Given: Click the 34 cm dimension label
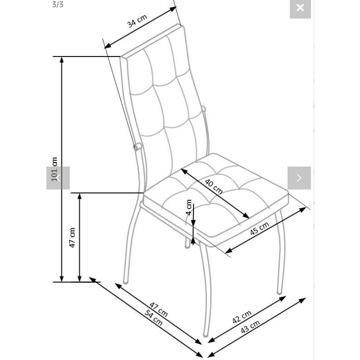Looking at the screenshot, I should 137,21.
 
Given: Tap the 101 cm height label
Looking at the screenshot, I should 55,169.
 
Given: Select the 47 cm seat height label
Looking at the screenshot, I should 72,238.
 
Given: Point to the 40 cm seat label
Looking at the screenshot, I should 213,186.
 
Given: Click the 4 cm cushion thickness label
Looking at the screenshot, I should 189,207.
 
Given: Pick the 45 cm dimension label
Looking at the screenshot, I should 259,228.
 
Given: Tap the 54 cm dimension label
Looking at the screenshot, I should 154,318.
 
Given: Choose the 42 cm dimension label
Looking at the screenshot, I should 242,317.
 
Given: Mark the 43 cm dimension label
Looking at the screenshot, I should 250,327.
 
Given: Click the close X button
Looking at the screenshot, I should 300,8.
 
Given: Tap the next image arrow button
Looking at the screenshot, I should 299,178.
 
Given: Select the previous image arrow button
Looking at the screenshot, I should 58,178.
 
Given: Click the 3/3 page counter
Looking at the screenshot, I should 58,5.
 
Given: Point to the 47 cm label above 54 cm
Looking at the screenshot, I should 158,309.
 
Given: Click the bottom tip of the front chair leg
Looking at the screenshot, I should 206,335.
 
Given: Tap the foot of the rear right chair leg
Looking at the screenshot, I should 280,292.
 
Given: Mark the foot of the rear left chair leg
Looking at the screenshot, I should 125,282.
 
